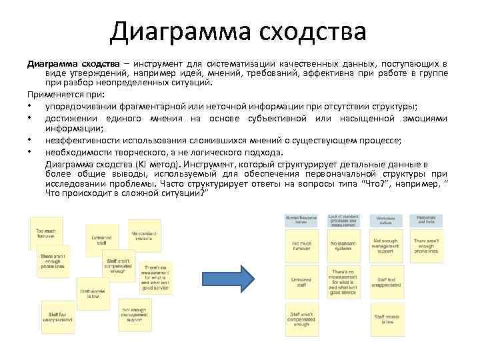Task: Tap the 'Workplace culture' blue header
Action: [385, 221]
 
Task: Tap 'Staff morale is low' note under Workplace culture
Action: [386, 317]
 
